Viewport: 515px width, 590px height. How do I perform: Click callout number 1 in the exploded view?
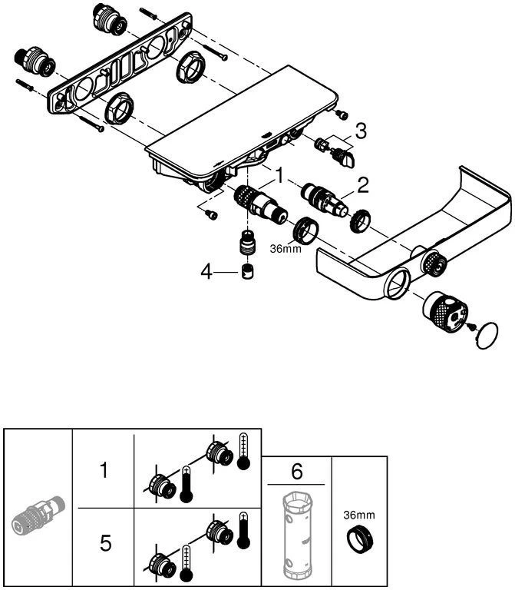coord(281,177)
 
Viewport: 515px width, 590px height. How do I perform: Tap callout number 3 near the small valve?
coord(361,131)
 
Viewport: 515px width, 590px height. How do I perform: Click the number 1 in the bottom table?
coord(104,470)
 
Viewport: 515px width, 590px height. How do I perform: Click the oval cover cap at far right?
coord(487,336)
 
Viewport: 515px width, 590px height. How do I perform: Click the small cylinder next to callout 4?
coord(248,272)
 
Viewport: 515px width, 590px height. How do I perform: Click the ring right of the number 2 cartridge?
coord(361,220)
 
